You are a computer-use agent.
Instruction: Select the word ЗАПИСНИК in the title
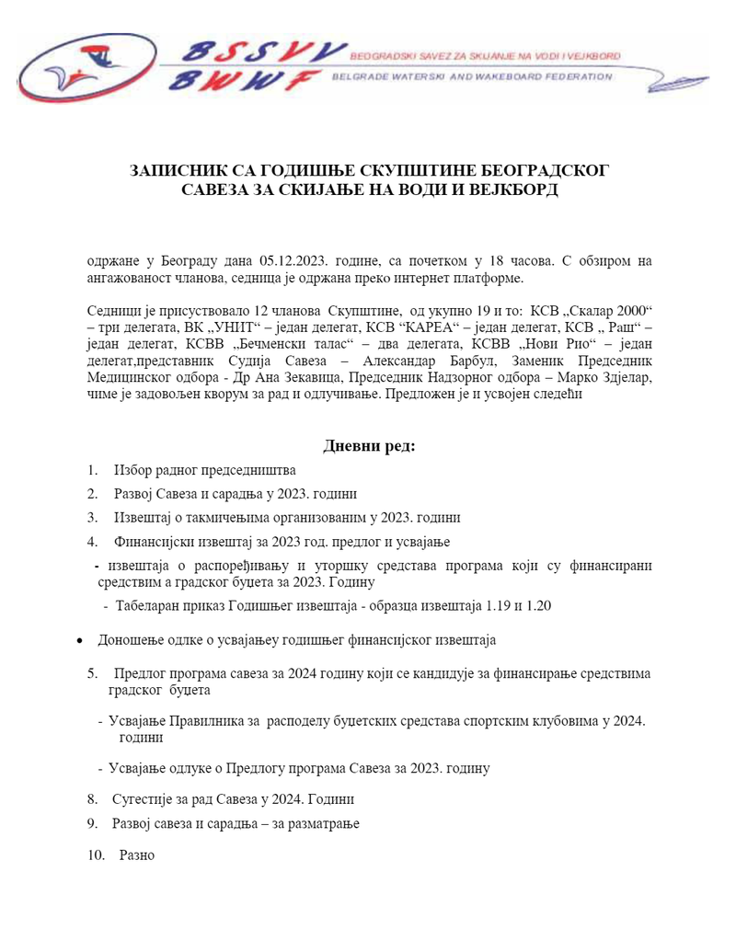pyautogui.click(x=186, y=172)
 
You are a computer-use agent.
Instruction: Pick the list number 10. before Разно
pyautogui.click(x=97, y=855)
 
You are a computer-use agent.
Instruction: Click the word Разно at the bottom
pyautogui.click(x=137, y=855)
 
